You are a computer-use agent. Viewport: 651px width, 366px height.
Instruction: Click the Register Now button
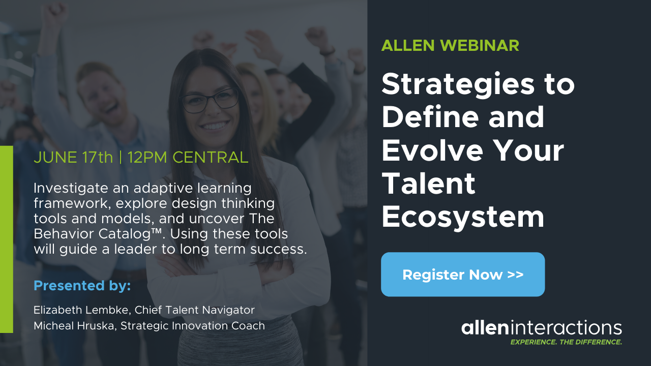tap(463, 274)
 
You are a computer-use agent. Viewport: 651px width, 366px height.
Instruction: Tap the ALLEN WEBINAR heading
tap(450, 45)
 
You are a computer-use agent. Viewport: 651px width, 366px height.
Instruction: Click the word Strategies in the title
tap(458, 85)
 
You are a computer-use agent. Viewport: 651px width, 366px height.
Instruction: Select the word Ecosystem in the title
tap(463, 217)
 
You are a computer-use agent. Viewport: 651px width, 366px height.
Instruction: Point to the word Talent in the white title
tap(428, 184)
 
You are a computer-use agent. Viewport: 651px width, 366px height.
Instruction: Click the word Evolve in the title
tap(432, 150)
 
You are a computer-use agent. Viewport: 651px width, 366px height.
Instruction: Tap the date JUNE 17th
tap(73, 158)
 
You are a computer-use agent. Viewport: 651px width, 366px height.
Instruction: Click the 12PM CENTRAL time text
tap(188, 158)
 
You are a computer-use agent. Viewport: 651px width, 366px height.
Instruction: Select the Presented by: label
tap(82, 286)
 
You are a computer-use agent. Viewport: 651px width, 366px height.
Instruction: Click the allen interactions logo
tap(542, 328)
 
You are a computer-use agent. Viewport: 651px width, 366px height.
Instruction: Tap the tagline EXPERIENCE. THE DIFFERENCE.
tap(566, 342)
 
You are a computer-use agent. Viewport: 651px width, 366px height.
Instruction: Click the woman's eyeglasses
tap(210, 101)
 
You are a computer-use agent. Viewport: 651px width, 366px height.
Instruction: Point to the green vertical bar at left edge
tap(7, 239)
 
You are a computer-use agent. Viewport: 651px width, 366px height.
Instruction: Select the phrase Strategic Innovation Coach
tap(193, 326)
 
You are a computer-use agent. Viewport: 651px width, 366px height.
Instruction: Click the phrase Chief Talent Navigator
tap(194, 310)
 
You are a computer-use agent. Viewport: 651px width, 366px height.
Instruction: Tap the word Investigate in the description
tap(71, 189)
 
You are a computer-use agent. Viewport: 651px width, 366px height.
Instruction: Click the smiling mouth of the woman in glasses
tap(215, 126)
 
